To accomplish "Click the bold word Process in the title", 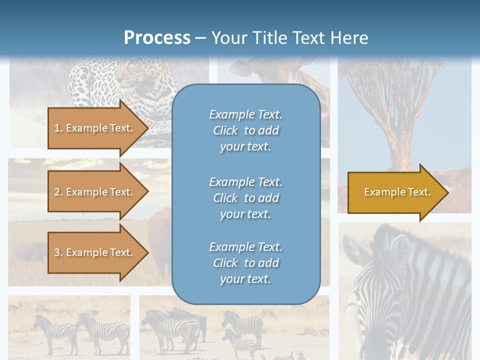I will pos(157,38).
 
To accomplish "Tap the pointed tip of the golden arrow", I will pos(446,192).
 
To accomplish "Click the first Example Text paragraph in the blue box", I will pos(245,130).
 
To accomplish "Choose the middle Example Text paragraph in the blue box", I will pos(245,198).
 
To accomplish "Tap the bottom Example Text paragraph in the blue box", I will pos(245,263).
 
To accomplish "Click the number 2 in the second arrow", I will pos(56,192).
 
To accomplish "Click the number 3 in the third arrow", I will pos(56,252).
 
